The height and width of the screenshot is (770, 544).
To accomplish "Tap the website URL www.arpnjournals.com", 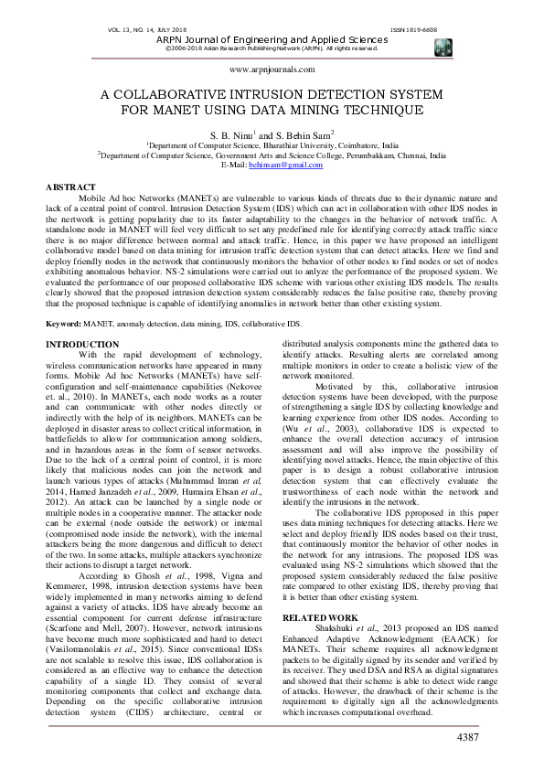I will coord(272,69).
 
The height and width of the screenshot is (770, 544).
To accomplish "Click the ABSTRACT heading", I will coord(70,187).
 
